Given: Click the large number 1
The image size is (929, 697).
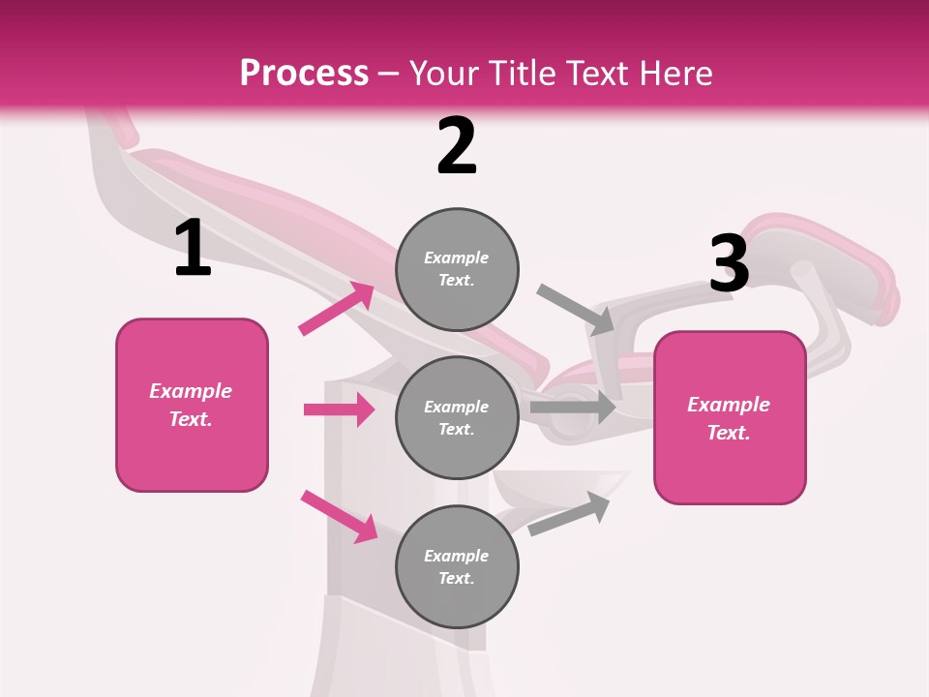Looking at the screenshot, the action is (193, 248).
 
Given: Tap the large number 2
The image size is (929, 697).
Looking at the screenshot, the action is (457, 146).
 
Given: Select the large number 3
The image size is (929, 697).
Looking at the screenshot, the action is (729, 263).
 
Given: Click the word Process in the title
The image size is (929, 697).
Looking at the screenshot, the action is (304, 73).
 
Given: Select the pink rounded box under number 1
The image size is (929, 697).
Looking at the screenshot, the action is (192, 405).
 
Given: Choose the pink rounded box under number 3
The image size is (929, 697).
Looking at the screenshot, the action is (730, 418).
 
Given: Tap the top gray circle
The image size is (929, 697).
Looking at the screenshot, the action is (457, 269).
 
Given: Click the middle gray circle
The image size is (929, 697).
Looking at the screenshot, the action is (457, 417).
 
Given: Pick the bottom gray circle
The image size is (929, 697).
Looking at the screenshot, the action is (457, 566).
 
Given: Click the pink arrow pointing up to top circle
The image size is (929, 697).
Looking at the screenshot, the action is (337, 309).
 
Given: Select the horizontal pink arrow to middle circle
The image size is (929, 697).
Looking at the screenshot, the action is (339, 409).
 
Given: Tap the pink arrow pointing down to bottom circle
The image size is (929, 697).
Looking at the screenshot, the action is (339, 516).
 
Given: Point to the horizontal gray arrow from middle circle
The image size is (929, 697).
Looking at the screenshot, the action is (573, 408).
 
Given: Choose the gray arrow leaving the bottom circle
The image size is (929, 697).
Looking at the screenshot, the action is (570, 513).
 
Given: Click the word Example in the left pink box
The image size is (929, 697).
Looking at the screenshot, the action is (191, 391).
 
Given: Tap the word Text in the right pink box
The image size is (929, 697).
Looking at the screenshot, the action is (728, 433).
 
